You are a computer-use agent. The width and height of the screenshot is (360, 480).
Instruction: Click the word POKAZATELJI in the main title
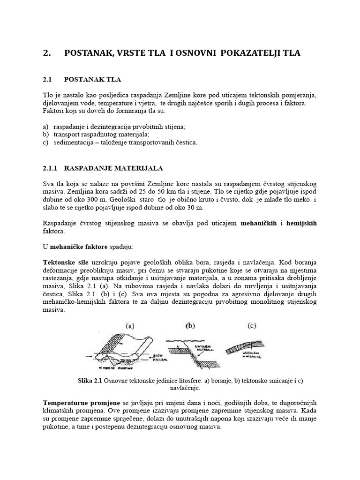pyautogui.click(x=232, y=54)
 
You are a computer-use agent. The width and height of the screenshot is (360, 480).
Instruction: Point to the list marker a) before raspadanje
pyautogui.click(x=45, y=127)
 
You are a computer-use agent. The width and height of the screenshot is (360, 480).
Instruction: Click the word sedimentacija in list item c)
pyautogui.click(x=74, y=142)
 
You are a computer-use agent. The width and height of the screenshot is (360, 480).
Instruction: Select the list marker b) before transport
pyautogui.click(x=45, y=135)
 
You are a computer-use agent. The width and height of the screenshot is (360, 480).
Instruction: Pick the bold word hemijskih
pyautogui.click(x=300, y=224)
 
